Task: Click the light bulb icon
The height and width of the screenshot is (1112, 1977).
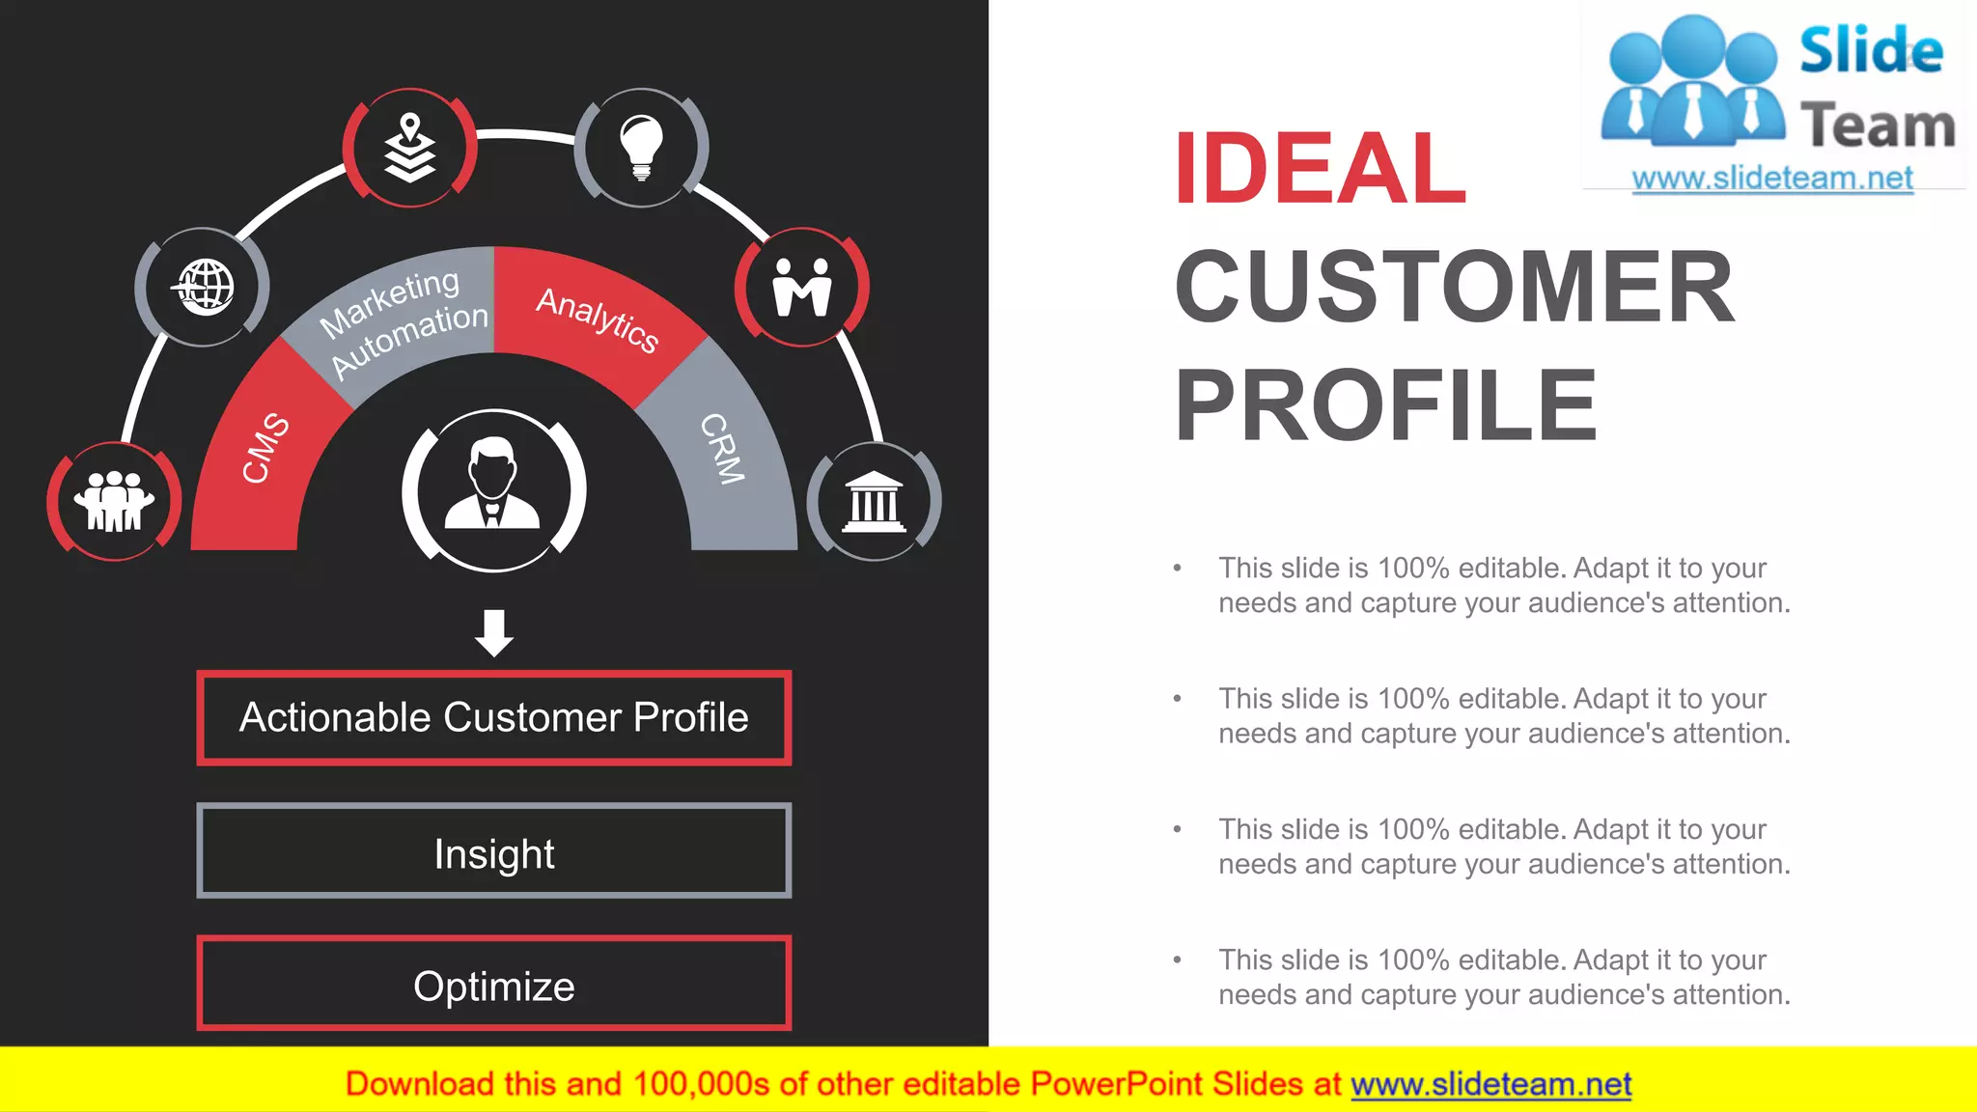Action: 641,148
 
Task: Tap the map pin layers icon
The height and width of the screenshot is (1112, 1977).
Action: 410,148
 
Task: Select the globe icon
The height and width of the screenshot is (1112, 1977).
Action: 203,287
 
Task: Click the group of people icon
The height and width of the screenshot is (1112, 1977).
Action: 115,501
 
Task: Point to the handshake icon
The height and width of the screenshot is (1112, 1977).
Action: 802,287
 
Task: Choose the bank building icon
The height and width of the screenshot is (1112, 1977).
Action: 874,501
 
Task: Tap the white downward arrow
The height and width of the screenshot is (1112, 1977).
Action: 494,632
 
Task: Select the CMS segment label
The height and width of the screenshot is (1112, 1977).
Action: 265,448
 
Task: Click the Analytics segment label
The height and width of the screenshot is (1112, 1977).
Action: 598,319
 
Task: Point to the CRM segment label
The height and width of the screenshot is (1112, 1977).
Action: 722,448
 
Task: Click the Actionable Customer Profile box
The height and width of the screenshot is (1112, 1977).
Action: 494,717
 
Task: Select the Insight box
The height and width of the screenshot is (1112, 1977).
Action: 494,853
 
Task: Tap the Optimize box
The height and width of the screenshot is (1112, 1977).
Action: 494,986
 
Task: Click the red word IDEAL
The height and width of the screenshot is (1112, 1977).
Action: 1320,169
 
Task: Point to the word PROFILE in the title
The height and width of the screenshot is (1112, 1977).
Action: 1385,406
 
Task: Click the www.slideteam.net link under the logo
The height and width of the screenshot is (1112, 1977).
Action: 1772,179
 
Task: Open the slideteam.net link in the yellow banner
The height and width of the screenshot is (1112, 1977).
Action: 1490,1084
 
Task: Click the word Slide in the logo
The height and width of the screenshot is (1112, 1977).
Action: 1871,50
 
